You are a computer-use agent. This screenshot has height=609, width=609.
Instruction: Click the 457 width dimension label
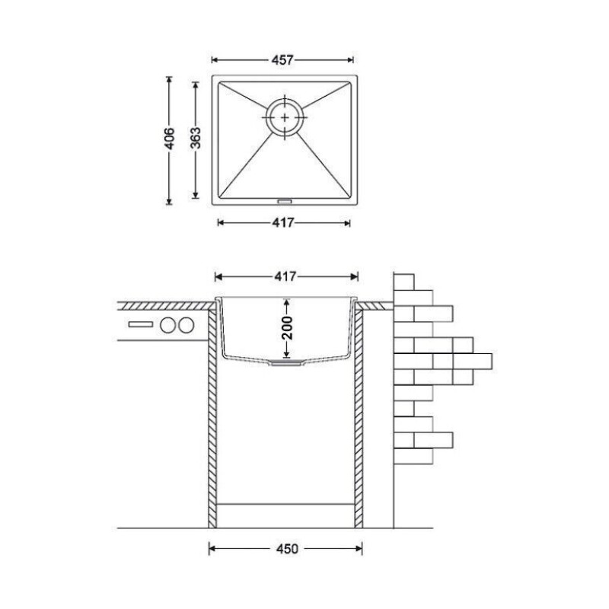[x=282, y=60]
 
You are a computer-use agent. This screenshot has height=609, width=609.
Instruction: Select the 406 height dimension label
[x=169, y=139]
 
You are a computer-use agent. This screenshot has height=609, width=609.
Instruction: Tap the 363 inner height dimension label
[x=196, y=138]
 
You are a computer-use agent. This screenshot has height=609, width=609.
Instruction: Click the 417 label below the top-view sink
[x=283, y=223]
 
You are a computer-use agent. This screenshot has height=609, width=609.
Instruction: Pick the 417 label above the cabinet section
[x=285, y=276]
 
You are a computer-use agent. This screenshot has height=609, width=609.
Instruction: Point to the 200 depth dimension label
[x=287, y=328]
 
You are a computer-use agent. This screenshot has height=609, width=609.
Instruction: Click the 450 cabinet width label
[x=287, y=549]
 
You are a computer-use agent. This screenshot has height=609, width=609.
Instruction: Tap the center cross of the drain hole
[x=285, y=117]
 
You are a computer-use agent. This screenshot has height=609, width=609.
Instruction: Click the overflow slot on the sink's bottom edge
[x=285, y=201]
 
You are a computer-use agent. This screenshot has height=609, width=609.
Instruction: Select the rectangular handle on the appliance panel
[x=141, y=324]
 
